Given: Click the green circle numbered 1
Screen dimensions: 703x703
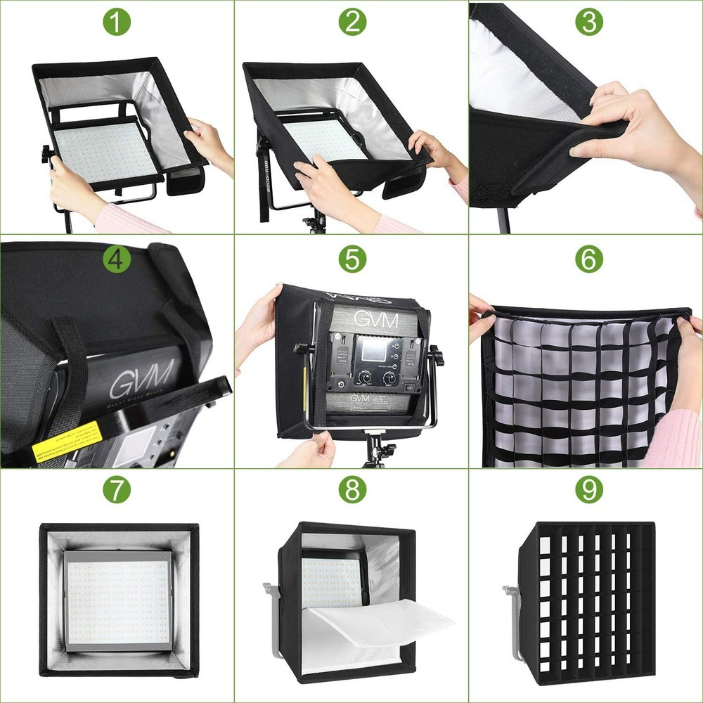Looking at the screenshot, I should click(116, 22).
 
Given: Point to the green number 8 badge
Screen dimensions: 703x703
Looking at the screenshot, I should click(352, 490).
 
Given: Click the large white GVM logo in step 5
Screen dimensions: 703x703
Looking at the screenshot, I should click(375, 321).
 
